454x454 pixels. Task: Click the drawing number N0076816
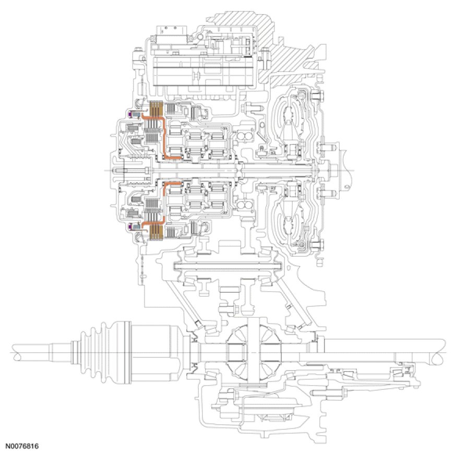[x=22, y=447]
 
